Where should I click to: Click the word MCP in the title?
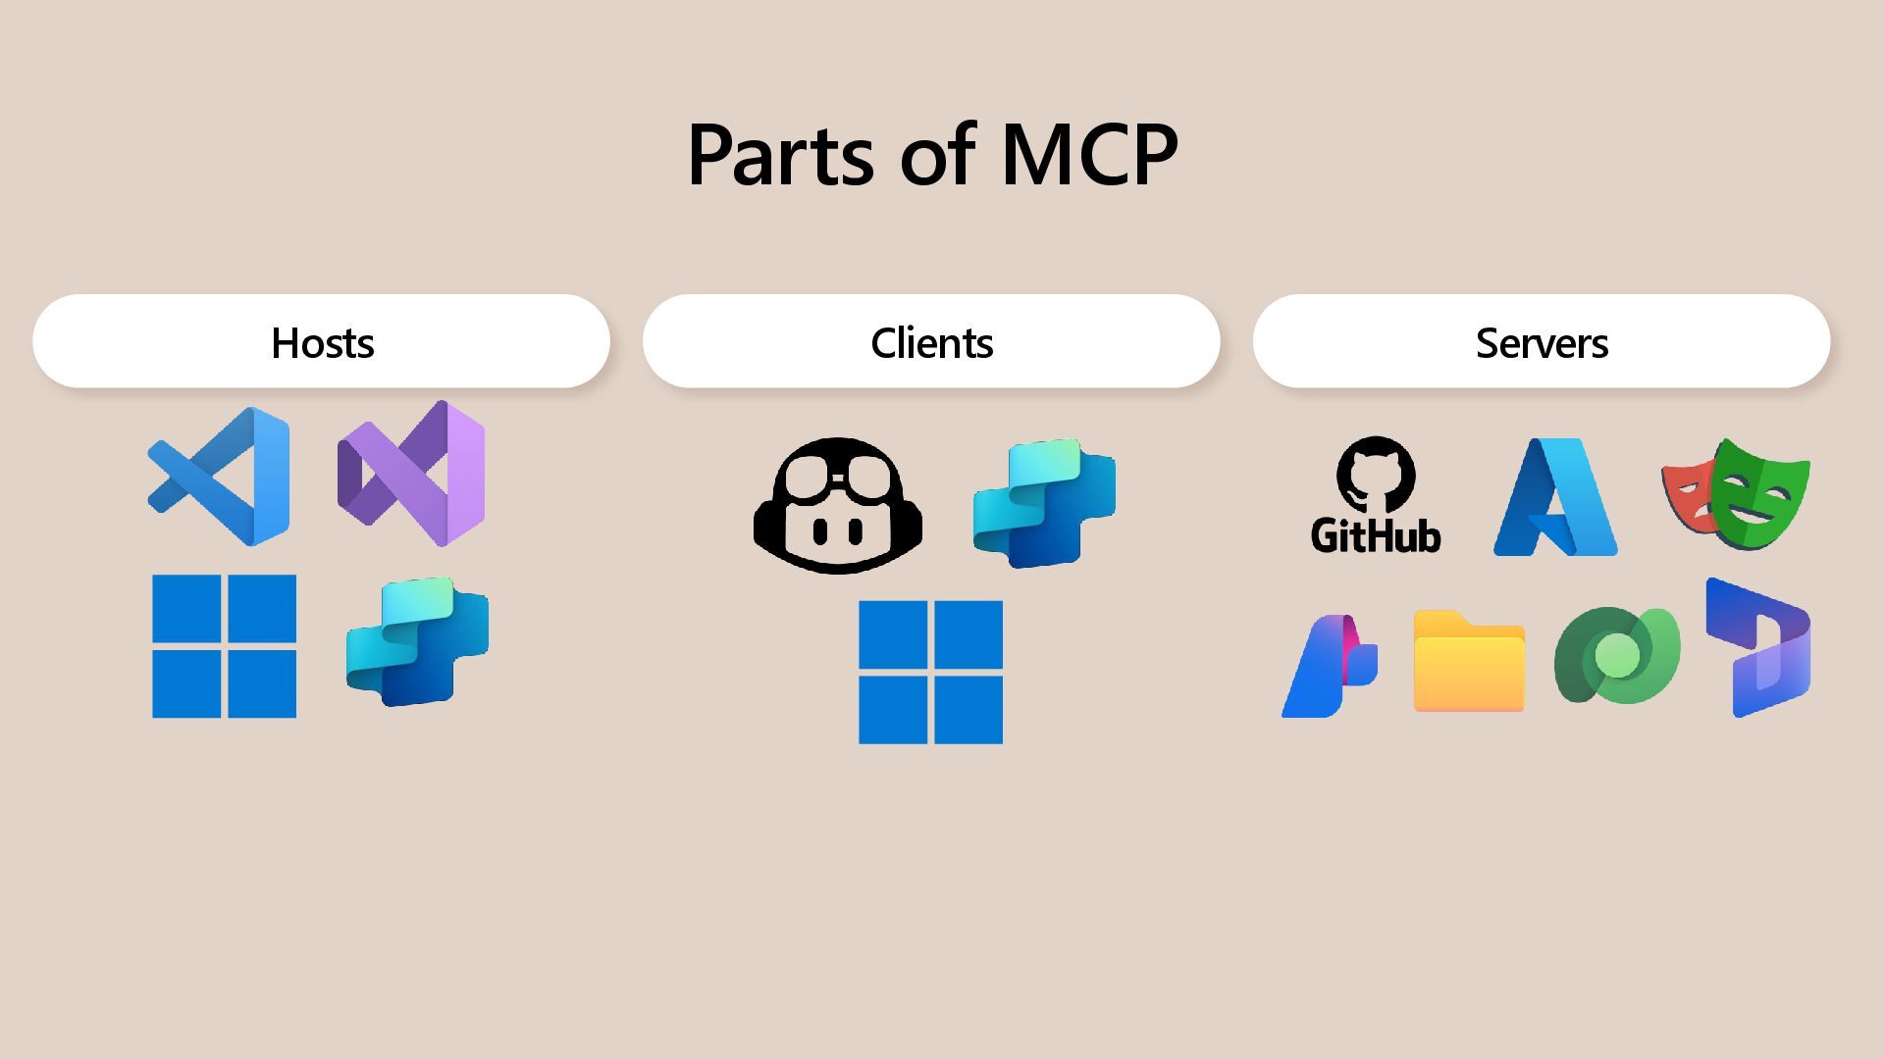tap(1089, 155)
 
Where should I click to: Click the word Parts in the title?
tap(780, 155)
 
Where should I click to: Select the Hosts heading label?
tap(322, 343)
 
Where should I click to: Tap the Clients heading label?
tap(931, 343)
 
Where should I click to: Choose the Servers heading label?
tap(1542, 343)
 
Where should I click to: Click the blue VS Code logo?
tap(221, 477)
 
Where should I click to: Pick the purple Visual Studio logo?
tap(412, 474)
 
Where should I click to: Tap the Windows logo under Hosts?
tap(224, 646)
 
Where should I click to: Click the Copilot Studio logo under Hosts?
tap(418, 642)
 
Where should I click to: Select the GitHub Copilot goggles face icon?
tap(837, 505)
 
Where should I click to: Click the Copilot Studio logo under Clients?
tap(1044, 503)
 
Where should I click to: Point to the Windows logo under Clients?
tap(930, 673)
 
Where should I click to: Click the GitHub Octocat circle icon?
tap(1376, 475)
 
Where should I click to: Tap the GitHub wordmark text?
tap(1376, 536)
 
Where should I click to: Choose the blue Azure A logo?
tap(1555, 497)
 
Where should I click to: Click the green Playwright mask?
tap(1762, 493)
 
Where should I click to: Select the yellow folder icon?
tap(1469, 662)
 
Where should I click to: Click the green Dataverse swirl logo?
tap(1617, 655)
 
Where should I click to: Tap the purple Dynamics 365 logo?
tap(1759, 647)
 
